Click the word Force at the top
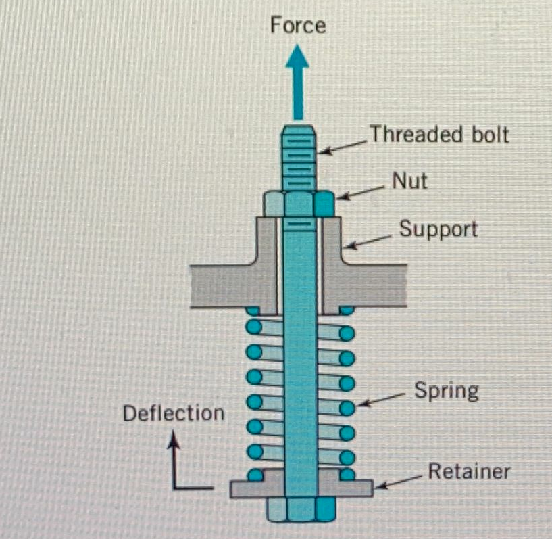coord(297,26)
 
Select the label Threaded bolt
coord(438,134)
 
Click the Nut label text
coord(409,181)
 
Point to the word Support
coord(438,229)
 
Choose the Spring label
coord(446,390)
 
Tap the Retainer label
coord(470,471)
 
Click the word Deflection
coord(174,413)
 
